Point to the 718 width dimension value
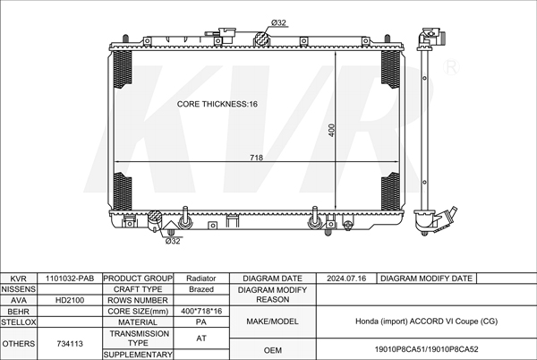coord(256,158)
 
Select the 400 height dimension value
coord(331,131)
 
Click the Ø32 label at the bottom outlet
coord(174,240)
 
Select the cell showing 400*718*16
coord(202,312)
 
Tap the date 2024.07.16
coord(347,279)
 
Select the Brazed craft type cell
coord(202,289)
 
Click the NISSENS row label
coord(18,289)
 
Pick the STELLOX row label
coord(18,321)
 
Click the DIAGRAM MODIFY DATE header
coord(426,279)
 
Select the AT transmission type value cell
coord(202,338)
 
